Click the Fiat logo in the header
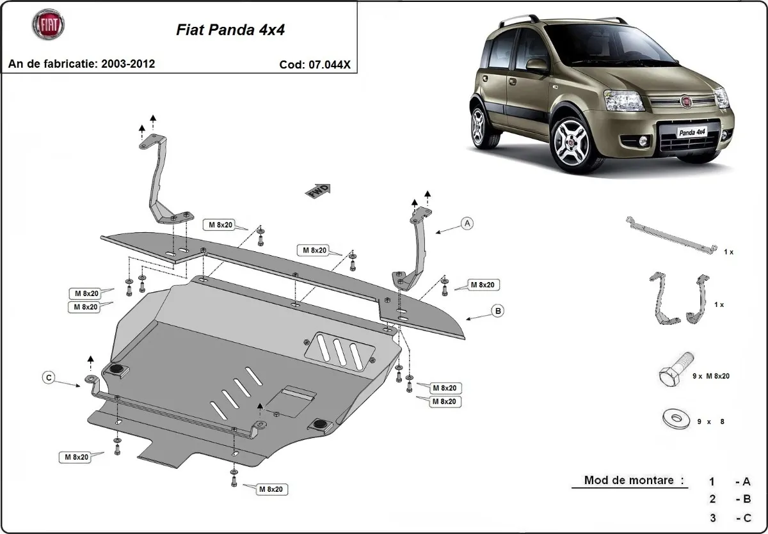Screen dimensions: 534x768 (48, 26)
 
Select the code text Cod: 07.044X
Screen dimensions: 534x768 (314, 64)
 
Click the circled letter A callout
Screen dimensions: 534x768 (468, 223)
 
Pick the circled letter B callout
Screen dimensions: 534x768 (497, 311)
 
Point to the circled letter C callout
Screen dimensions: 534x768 (49, 379)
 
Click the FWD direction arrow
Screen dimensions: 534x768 (319, 190)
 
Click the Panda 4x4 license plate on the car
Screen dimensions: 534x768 (691, 132)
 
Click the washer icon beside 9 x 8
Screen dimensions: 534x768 (673, 419)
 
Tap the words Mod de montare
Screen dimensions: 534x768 (633, 480)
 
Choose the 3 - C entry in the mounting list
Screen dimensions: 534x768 (730, 518)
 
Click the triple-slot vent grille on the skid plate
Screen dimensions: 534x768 (339, 350)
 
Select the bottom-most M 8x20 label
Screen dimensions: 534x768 (271, 489)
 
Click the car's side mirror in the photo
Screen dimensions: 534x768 (537, 65)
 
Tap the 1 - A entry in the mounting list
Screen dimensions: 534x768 (730, 482)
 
